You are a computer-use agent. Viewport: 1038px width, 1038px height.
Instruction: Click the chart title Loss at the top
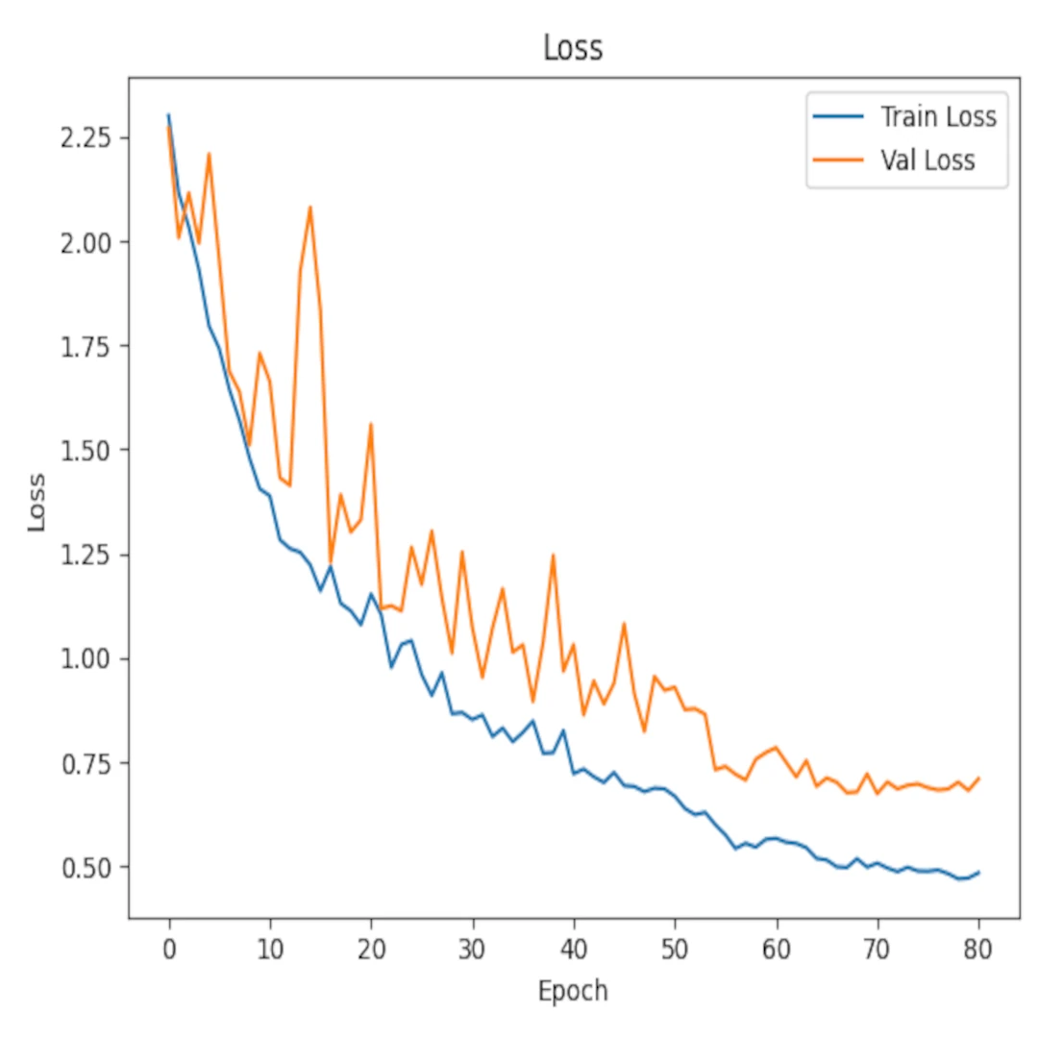point(573,47)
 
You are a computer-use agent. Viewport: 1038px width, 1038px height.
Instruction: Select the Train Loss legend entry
point(938,117)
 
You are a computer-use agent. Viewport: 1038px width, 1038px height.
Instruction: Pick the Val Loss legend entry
point(927,160)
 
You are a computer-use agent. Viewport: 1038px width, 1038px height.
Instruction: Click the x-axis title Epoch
point(573,990)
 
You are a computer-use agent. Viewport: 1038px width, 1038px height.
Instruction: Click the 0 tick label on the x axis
point(169,946)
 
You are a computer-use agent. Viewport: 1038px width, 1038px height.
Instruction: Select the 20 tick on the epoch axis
point(371,946)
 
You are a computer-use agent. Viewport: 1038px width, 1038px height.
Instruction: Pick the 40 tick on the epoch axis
point(574,946)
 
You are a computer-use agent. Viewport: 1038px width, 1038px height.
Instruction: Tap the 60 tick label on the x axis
point(777,946)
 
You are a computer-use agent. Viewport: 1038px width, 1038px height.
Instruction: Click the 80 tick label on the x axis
point(979,946)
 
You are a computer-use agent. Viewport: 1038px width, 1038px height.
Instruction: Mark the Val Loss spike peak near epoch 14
point(310,207)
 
